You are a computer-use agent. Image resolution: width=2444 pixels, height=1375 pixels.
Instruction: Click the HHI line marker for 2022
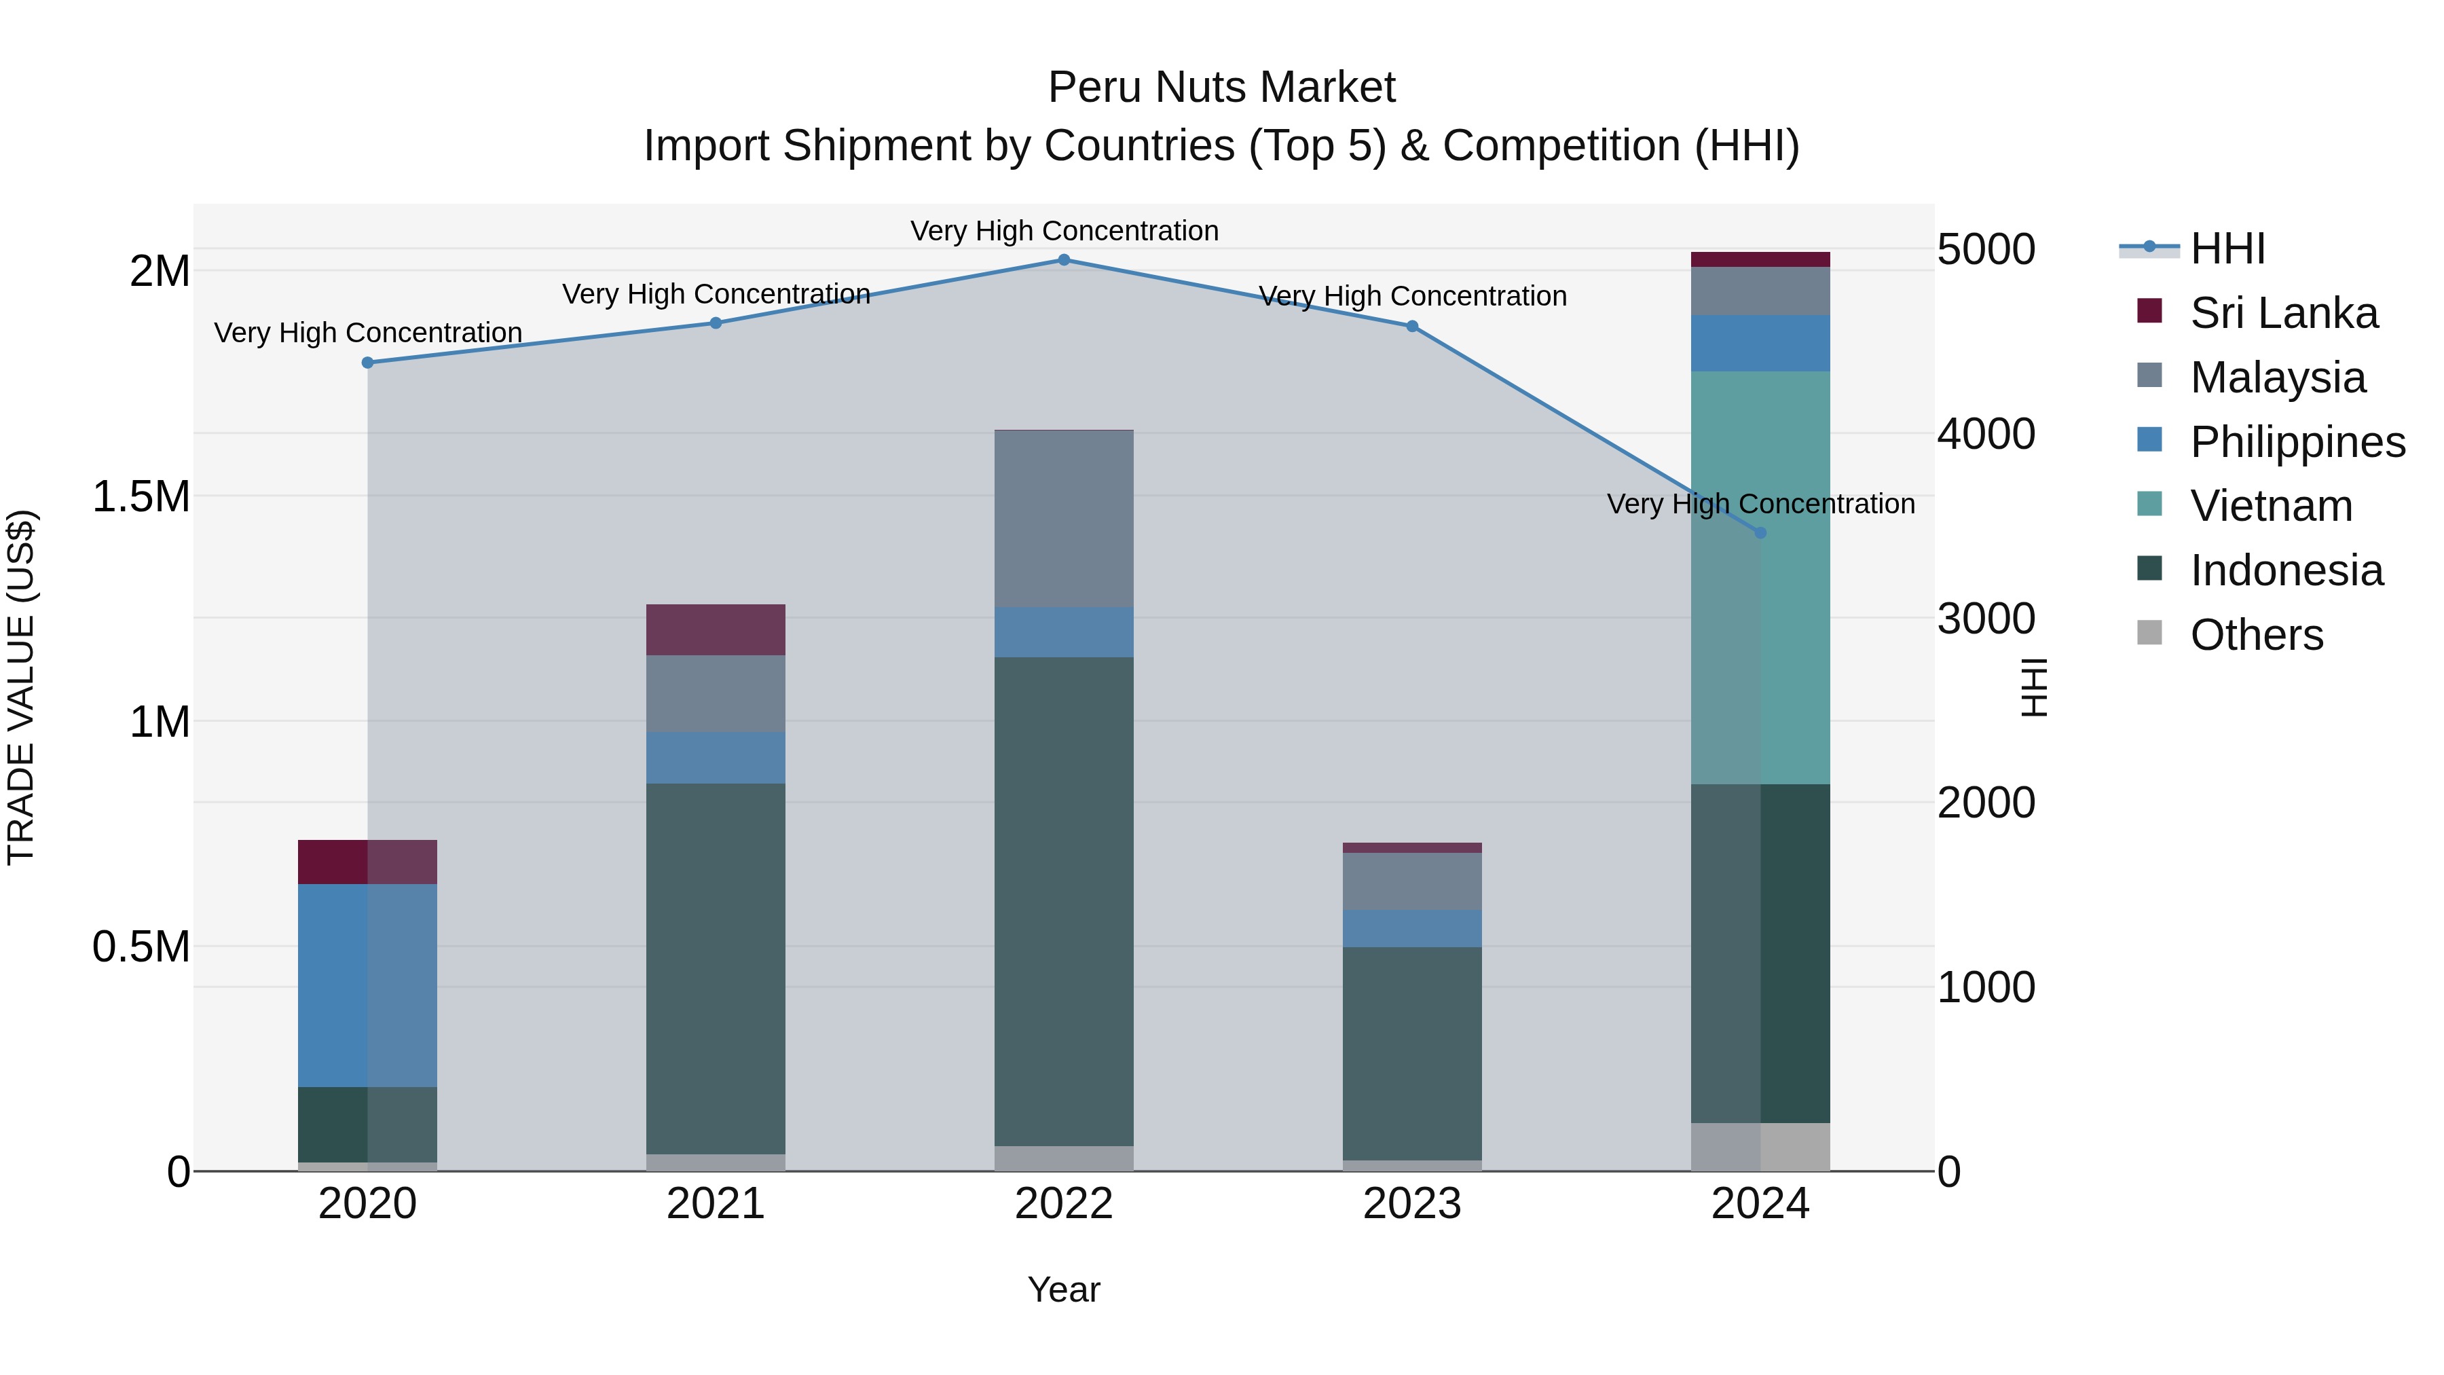pyautogui.click(x=1064, y=260)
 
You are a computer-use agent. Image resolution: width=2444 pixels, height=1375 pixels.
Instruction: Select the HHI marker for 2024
pyautogui.click(x=1760, y=533)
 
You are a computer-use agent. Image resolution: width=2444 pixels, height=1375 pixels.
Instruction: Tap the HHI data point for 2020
pyautogui.click(x=368, y=363)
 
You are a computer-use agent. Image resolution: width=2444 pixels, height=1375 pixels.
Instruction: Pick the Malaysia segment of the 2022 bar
pyautogui.click(x=1064, y=519)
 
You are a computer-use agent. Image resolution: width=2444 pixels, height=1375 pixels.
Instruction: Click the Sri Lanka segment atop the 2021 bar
pyautogui.click(x=716, y=629)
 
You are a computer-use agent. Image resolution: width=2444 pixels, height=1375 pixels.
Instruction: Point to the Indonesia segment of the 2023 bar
pyautogui.click(x=1412, y=1053)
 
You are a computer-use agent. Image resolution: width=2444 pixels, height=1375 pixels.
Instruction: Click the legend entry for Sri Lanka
pyautogui.click(x=2282, y=313)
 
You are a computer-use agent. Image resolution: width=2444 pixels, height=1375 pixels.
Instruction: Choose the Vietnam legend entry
pyautogui.click(x=2270, y=506)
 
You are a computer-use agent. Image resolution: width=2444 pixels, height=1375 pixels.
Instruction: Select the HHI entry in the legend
pyautogui.click(x=2227, y=249)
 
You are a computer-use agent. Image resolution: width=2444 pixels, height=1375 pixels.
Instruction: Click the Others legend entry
pyautogui.click(x=2255, y=635)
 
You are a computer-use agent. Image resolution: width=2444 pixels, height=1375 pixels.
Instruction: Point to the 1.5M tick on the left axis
pyautogui.click(x=141, y=497)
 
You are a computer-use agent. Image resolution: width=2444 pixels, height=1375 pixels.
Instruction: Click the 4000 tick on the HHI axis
pyautogui.click(x=1986, y=435)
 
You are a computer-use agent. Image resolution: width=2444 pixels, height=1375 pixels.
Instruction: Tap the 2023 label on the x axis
pyautogui.click(x=1412, y=1204)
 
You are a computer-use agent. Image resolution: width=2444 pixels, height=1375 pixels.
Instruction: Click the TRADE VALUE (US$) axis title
pyautogui.click(x=21, y=687)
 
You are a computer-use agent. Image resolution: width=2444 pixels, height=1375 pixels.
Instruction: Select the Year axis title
pyautogui.click(x=1064, y=1289)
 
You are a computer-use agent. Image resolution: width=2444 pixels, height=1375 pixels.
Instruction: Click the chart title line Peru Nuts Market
pyautogui.click(x=1221, y=88)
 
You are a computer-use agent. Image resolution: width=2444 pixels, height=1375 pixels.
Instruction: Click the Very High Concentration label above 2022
pyautogui.click(x=1064, y=231)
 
